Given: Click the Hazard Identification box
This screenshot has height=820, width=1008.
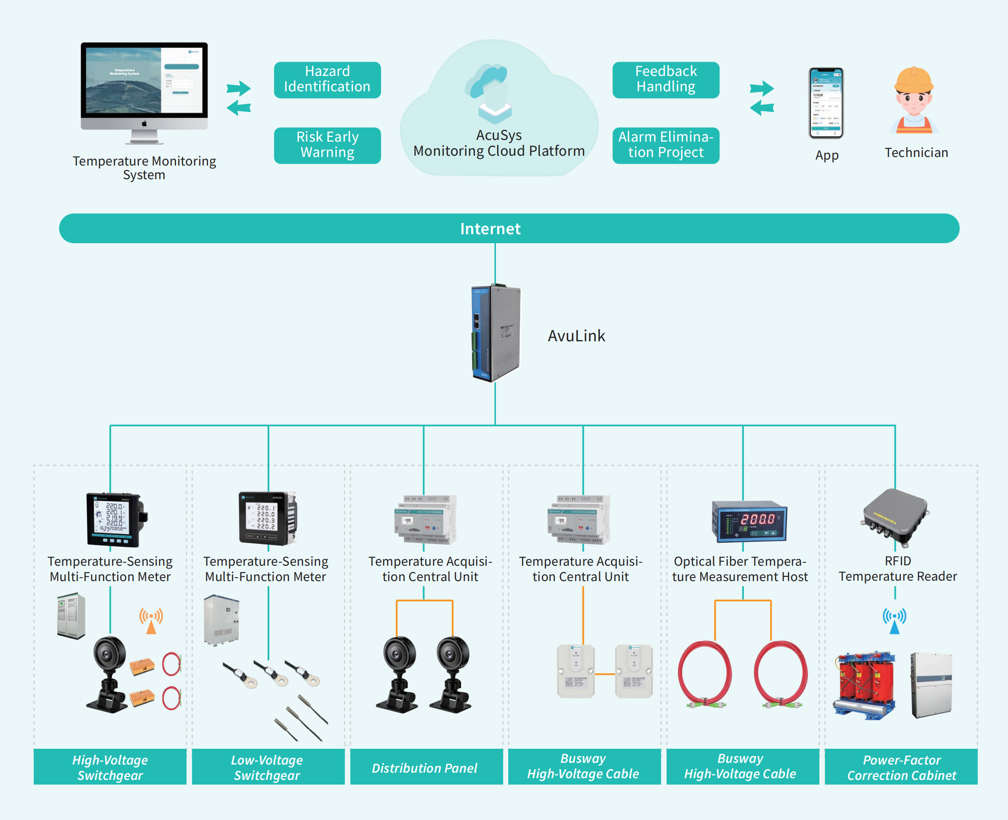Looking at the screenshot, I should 327,79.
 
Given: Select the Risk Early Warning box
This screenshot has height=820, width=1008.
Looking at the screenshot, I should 327,145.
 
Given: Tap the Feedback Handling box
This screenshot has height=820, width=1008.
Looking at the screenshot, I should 666,79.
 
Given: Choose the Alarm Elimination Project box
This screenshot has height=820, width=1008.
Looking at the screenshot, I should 666,145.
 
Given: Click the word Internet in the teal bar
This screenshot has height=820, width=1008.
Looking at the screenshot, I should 490,229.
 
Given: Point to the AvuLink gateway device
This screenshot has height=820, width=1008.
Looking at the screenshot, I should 496,334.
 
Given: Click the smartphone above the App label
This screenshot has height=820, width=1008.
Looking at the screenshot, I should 826,103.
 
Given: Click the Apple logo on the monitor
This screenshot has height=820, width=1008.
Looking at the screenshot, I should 144,124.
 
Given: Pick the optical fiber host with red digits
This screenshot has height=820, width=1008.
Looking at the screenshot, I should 749,521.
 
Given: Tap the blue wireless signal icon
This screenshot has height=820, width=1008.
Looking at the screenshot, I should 894,620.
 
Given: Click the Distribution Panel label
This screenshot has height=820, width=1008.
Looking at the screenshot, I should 424,768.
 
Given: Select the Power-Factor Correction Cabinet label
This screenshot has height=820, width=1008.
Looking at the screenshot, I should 901,768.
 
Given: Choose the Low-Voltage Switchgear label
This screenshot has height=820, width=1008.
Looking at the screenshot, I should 267,768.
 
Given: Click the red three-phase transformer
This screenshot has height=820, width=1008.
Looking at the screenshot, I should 865,685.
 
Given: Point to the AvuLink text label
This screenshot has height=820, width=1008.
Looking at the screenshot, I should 576,336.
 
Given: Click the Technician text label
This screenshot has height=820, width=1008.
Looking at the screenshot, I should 916,153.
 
